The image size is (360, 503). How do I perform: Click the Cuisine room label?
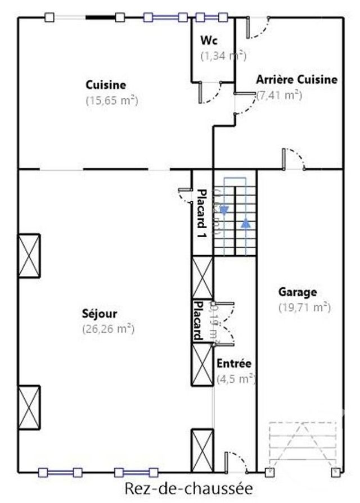coord(106,85)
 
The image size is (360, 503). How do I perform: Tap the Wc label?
coord(209,40)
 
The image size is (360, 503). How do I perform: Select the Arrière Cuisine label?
coord(297,80)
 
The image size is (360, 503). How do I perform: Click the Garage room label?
coord(298,292)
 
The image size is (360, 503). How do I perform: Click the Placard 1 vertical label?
coord(200,215)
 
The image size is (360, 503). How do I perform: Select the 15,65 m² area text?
coord(112,101)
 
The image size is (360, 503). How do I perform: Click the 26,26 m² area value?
coord(108,329)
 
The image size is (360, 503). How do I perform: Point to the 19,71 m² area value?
coord(304,307)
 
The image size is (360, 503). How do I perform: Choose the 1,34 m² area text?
coord(223,56)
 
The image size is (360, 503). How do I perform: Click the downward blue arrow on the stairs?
coord(224,210)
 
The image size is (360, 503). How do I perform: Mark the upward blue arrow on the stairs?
coord(246,223)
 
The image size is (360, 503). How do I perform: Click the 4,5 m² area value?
coord(236,379)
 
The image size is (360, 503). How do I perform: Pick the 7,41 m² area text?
coord(280,95)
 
